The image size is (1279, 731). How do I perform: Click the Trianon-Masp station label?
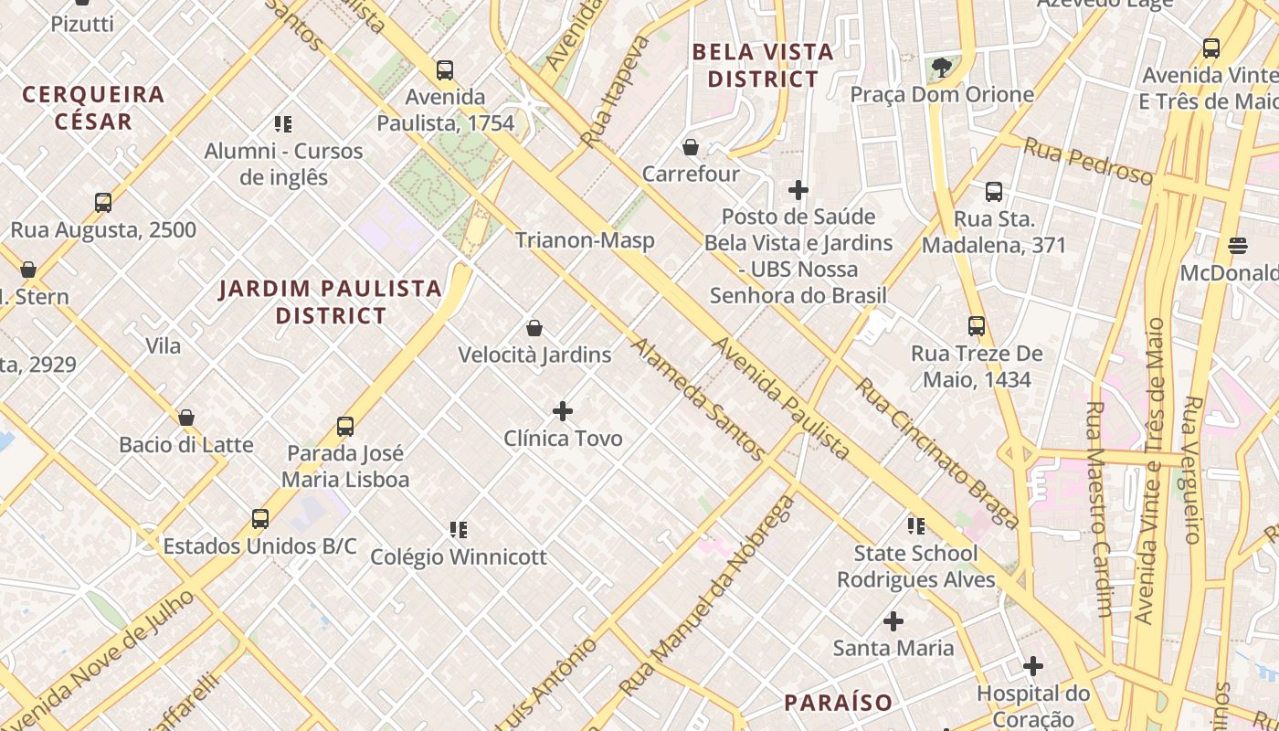pos(585,240)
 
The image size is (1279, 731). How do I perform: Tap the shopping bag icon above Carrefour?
pos(691,147)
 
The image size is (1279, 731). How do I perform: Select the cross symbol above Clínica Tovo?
pos(563,411)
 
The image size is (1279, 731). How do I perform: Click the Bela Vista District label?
pos(763,66)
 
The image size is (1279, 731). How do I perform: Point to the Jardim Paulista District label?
pos(331,302)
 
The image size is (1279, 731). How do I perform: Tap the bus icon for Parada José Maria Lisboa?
pos(345,427)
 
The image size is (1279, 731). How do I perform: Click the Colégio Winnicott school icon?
pos(459,529)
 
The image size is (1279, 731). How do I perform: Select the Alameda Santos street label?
pos(697,399)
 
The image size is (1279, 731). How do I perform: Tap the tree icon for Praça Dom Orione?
pos(941,67)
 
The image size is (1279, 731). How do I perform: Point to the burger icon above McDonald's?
pos(1238,245)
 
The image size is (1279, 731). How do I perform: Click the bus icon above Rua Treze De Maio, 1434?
pos(977,326)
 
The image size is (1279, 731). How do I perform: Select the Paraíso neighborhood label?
pos(839,703)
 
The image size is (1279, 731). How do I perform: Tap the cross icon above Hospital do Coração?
pos(1033,666)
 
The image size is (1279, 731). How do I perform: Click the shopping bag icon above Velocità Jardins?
pos(534,328)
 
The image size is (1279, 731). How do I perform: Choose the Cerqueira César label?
pos(93,107)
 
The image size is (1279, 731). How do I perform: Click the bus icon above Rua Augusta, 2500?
pos(103,203)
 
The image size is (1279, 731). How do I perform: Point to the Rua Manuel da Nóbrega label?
pos(707,597)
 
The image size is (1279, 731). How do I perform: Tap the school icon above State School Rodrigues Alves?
pos(916,525)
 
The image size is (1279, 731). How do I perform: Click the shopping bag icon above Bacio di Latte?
pos(186,418)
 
